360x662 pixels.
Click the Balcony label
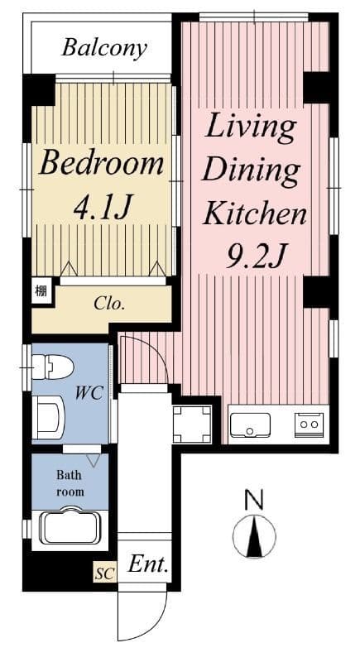coord(104,49)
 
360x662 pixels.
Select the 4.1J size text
coord(103,206)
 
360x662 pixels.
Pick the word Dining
coord(250,171)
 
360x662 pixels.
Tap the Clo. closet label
coord(109,304)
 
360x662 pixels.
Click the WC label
coord(89,393)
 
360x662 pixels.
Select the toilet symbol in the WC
coord(53,366)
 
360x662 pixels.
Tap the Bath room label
coord(70,483)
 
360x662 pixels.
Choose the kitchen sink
coord(250,425)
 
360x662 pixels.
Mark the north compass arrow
coord(254,535)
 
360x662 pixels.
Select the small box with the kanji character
coord(41,290)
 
